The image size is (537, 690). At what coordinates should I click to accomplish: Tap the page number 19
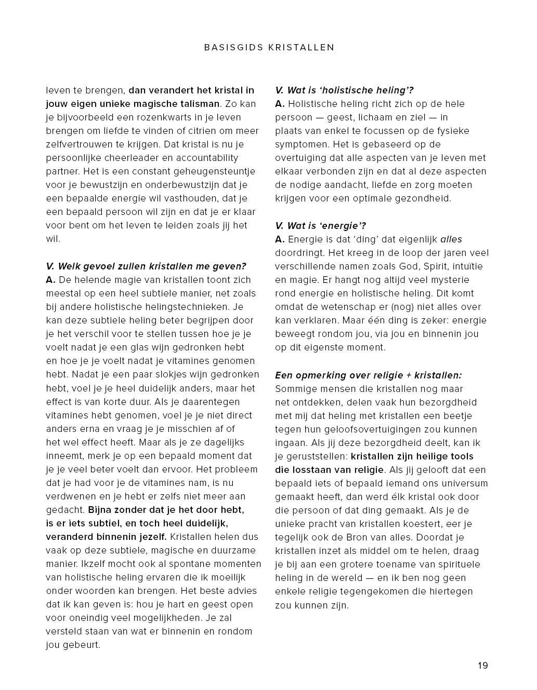tap(483, 666)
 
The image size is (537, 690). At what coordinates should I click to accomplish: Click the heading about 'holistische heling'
tap(344, 90)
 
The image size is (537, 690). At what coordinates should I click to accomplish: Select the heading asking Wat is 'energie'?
tap(321, 225)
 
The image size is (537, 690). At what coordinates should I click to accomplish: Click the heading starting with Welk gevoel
tap(146, 266)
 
